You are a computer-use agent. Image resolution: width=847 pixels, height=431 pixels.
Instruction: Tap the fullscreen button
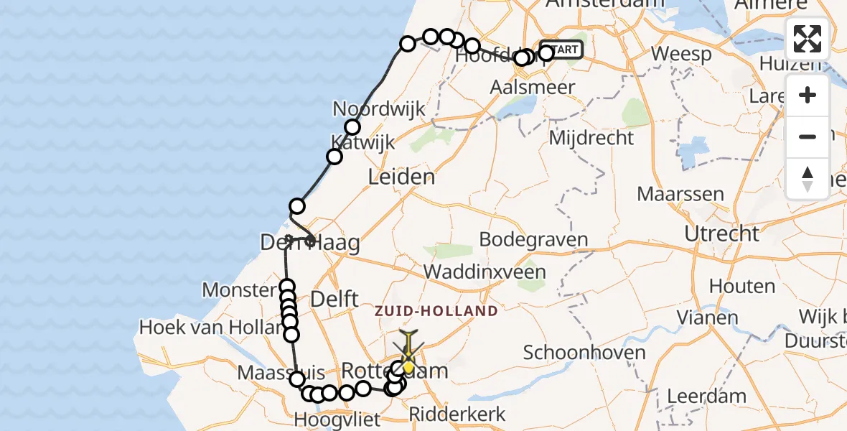coord(808,39)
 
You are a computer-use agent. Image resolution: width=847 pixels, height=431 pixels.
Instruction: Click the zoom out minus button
coord(808,136)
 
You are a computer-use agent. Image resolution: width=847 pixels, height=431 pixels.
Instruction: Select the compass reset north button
coord(808,178)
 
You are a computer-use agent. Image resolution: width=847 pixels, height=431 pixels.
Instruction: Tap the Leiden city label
coord(401,177)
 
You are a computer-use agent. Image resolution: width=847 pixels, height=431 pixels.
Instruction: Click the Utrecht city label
coord(721,233)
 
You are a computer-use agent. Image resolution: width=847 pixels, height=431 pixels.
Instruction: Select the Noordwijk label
coord(379,109)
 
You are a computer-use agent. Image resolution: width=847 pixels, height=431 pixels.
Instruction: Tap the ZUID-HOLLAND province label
coord(436,311)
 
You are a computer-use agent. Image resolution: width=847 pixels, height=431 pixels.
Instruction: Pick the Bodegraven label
coord(533,240)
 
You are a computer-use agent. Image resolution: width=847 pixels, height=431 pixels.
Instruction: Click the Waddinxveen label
coord(485,272)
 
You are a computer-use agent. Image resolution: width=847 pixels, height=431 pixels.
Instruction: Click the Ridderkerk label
coord(457,414)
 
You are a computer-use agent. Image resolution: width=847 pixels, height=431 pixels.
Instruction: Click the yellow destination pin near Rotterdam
coord(408,366)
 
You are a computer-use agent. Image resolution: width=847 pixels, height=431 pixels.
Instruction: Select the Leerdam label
coord(706,395)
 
